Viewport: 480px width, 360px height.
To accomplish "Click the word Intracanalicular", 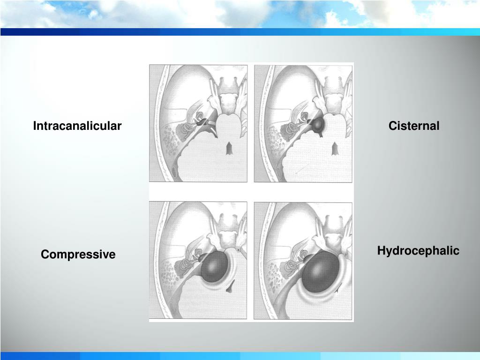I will (x=77, y=126).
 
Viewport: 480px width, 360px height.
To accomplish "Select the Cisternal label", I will (x=413, y=126).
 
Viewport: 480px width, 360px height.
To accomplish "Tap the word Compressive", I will (x=78, y=255).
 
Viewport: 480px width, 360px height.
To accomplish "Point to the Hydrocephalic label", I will (x=418, y=251).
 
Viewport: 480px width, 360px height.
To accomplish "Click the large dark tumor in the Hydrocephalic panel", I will (x=320, y=273).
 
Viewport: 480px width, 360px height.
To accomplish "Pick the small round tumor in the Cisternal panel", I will (x=318, y=125).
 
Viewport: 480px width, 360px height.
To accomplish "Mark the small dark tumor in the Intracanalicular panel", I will (x=202, y=123).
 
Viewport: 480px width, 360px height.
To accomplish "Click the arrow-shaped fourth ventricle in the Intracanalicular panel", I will (x=229, y=149).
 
